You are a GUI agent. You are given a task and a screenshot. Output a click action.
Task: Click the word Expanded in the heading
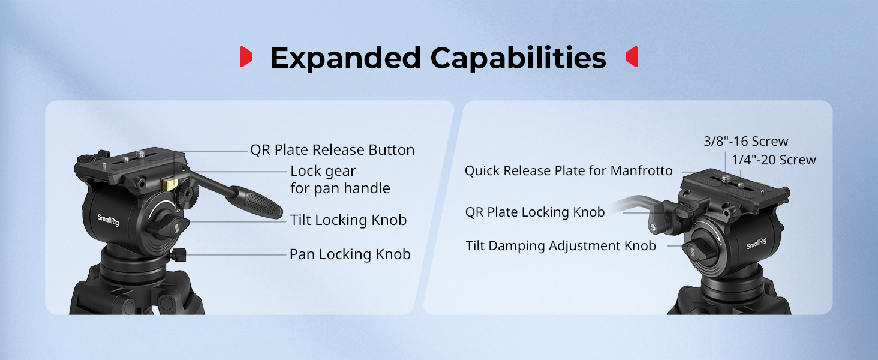pos(345,58)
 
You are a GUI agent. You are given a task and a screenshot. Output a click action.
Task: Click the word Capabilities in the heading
pos(518,59)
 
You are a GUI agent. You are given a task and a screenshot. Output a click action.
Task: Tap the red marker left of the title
pos(246,56)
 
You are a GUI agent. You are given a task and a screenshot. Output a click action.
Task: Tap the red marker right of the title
pos(632,56)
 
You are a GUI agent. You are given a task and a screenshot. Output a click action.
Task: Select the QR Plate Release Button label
pos(332,150)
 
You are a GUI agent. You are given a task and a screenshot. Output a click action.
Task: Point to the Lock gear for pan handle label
pos(340,179)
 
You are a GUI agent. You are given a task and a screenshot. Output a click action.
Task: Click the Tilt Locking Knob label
pos(348,220)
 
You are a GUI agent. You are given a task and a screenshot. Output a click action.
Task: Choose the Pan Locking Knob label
pos(350,254)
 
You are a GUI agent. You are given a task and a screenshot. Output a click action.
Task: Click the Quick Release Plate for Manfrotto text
pos(569,170)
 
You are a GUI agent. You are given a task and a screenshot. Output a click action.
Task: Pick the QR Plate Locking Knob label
pos(534,212)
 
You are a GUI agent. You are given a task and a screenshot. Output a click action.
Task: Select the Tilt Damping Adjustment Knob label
pos(561,246)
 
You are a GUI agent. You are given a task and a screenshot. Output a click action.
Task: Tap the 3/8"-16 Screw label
pos(745,141)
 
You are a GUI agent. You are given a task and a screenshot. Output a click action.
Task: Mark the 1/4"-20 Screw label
pos(774,160)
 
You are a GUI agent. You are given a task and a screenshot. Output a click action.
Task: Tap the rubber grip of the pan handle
pos(255,202)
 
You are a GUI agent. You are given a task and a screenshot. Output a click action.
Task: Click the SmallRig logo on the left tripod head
pos(108,220)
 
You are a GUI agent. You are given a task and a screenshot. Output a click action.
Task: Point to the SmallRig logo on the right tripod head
pos(756,244)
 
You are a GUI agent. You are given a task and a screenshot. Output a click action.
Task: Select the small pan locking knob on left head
pos(178,255)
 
